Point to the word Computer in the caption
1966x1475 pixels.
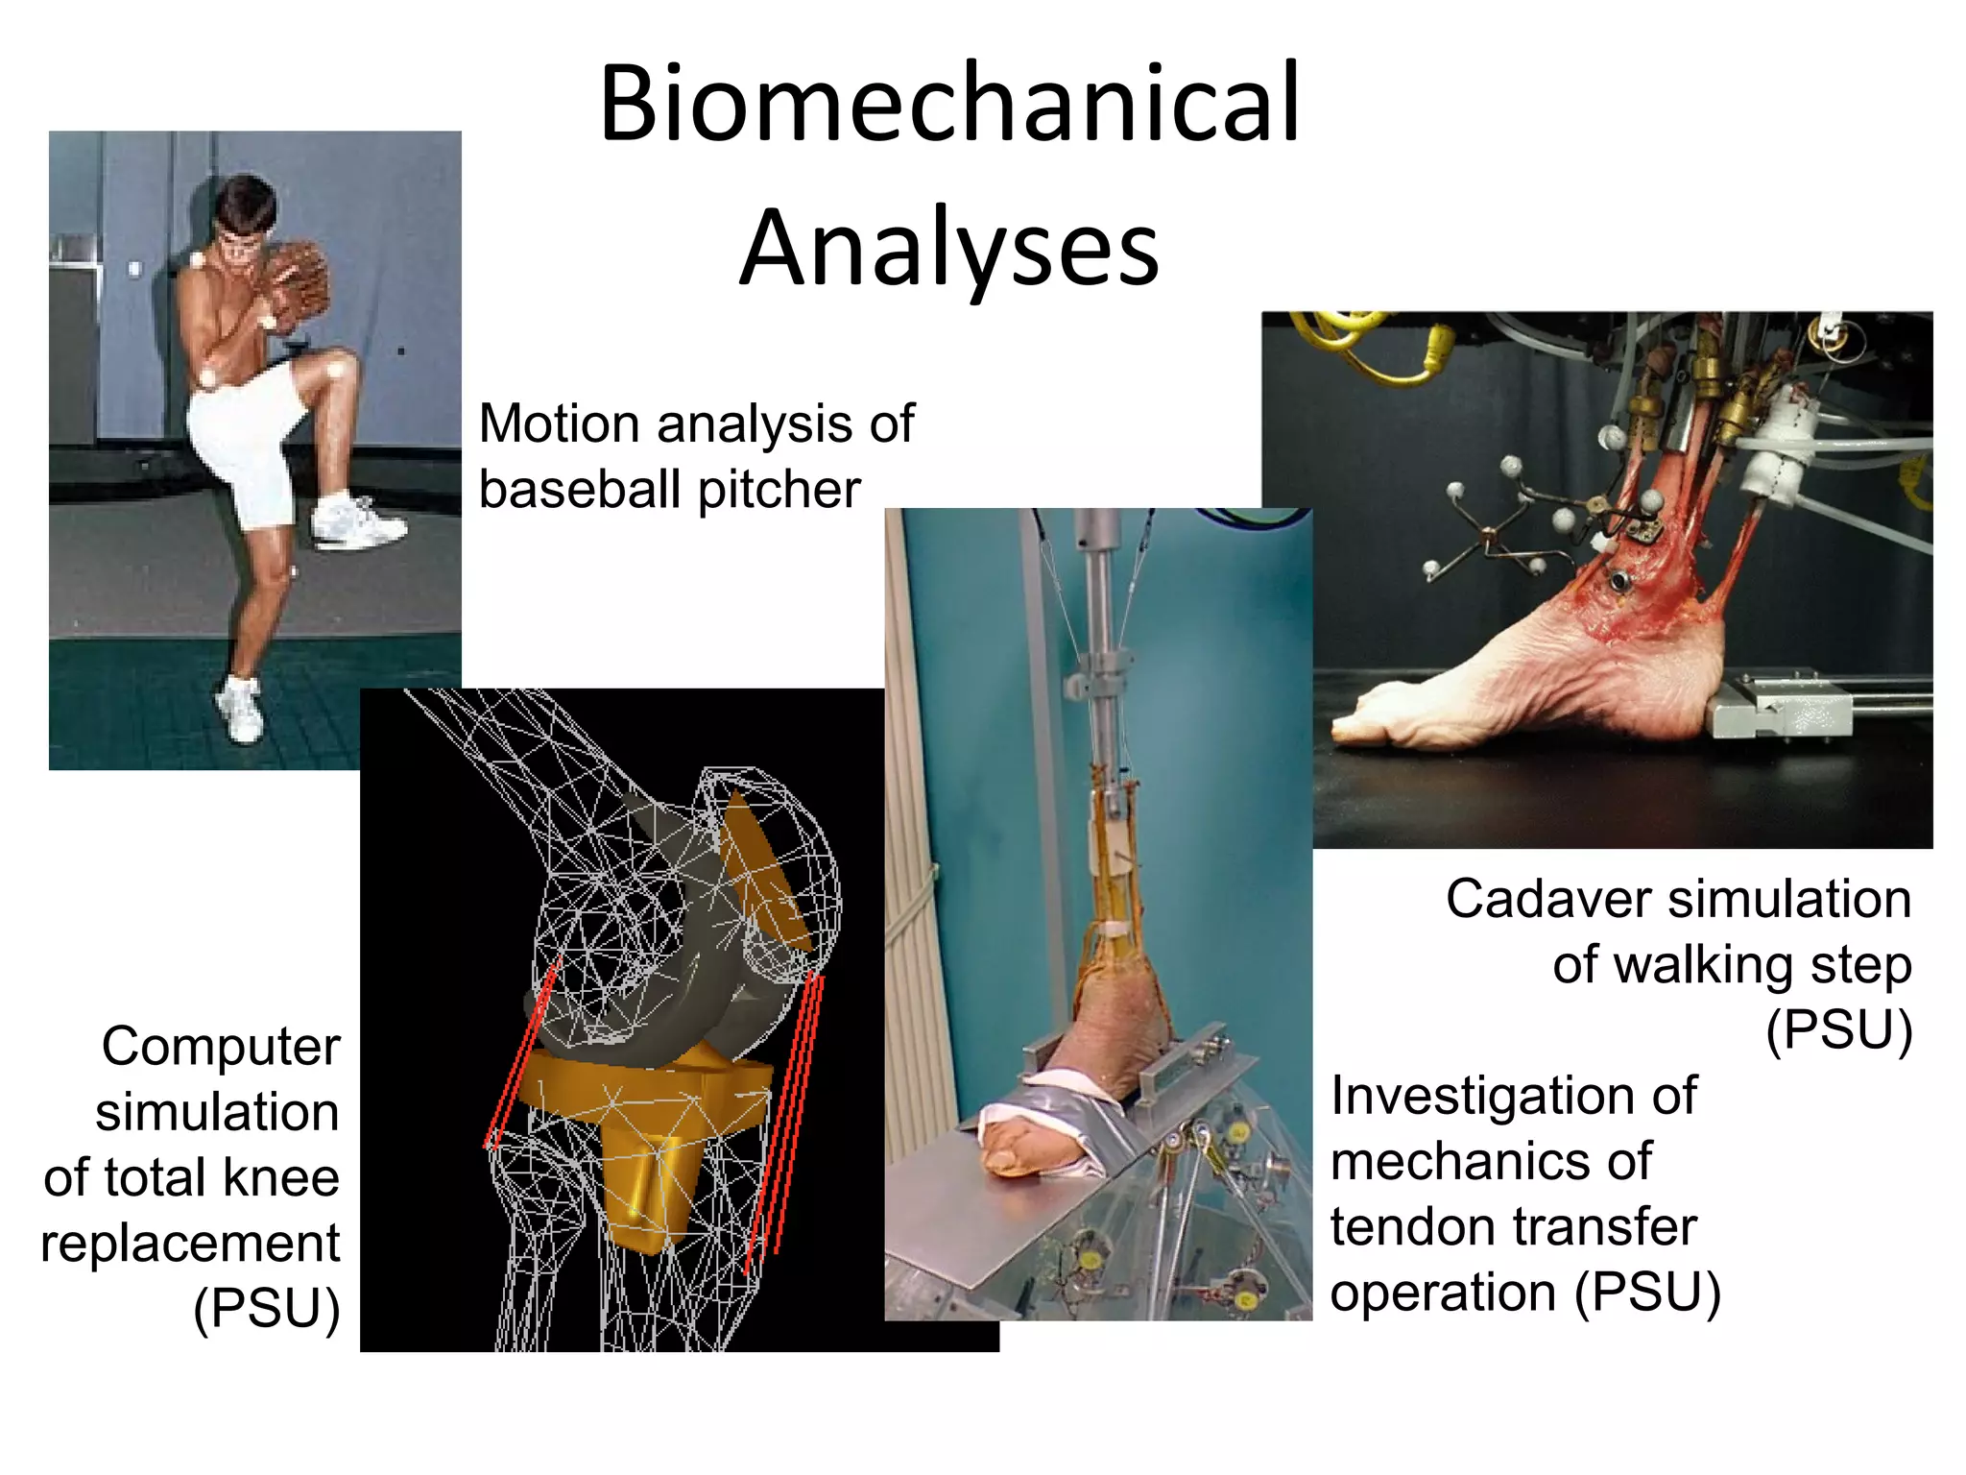(221, 1047)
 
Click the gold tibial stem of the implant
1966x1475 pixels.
(646, 1191)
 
